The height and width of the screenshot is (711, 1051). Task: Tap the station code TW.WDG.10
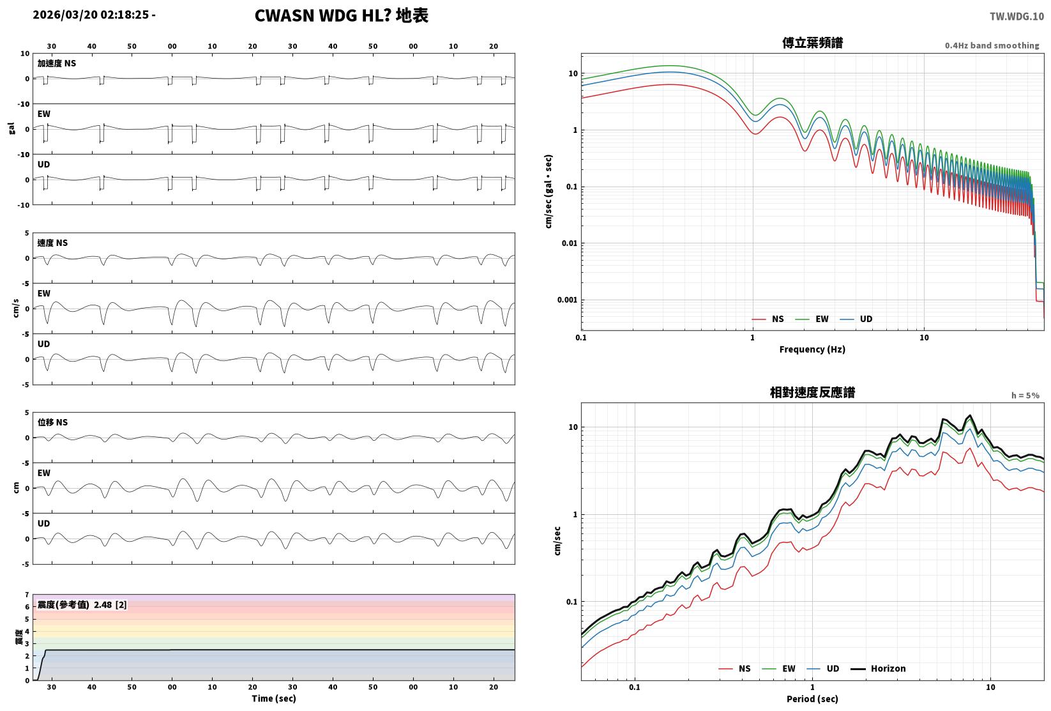(1017, 17)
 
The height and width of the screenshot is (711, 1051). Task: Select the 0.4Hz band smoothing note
(992, 45)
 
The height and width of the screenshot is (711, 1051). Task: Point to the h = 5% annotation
(1025, 395)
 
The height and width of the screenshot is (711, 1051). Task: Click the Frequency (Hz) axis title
(812, 349)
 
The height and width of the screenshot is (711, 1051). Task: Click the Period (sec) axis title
(812, 699)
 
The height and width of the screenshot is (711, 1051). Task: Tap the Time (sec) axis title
(274, 698)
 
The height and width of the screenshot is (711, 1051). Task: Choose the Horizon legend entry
(879, 668)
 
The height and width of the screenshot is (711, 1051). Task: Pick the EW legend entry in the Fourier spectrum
(812, 319)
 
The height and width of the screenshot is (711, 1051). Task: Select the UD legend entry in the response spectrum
(823, 668)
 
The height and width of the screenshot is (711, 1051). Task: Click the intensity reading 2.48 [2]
(110, 604)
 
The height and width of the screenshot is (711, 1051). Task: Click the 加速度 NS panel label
(57, 63)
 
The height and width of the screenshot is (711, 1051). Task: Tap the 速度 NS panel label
(52, 243)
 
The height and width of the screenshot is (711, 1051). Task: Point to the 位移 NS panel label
(52, 422)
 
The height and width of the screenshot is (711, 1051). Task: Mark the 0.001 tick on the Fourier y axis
(567, 300)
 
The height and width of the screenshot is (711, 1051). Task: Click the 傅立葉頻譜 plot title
(812, 43)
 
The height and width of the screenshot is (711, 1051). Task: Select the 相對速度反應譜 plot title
(812, 392)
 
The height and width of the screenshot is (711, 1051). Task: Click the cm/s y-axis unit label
(15, 309)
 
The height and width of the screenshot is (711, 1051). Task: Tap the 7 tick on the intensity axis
(27, 595)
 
